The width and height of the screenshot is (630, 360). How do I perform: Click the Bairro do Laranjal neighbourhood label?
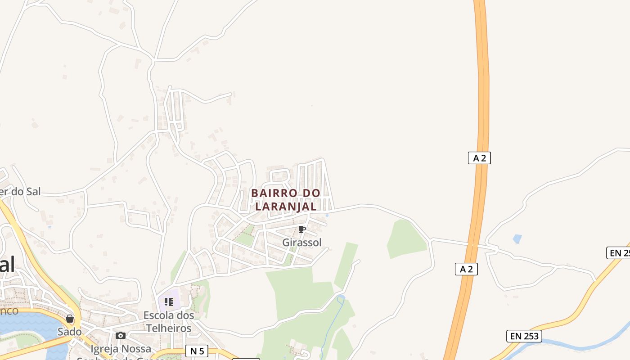coord(286,199)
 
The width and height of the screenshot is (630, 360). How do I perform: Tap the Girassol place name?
coord(302,243)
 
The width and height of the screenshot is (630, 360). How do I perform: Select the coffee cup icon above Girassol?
coord(302,229)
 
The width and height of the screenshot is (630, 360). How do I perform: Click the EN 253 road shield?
coord(524,336)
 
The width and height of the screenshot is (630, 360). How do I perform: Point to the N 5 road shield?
coord(197,351)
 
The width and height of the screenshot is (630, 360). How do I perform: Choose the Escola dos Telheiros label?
coord(169,322)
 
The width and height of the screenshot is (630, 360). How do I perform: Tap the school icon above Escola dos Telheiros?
coord(169,301)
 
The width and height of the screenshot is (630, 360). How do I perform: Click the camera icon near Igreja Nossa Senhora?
coord(121,335)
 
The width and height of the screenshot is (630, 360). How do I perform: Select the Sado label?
coord(70,332)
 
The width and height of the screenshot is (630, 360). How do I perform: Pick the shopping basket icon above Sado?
coord(70,319)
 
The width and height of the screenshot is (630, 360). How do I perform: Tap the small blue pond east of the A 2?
coord(517,238)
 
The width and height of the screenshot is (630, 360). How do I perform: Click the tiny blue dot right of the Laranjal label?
coord(327,215)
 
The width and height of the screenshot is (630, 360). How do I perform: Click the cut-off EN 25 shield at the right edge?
coord(619,253)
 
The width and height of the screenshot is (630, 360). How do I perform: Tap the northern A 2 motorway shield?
coord(479,158)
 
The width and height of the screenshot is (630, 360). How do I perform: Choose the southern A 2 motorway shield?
coord(466,269)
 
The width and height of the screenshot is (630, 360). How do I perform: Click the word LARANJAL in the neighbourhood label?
coord(286,207)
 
